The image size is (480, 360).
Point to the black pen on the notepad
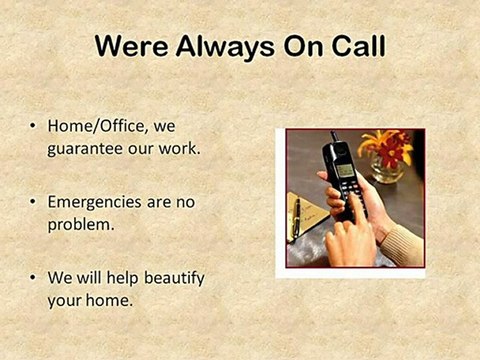pos(296,214)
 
